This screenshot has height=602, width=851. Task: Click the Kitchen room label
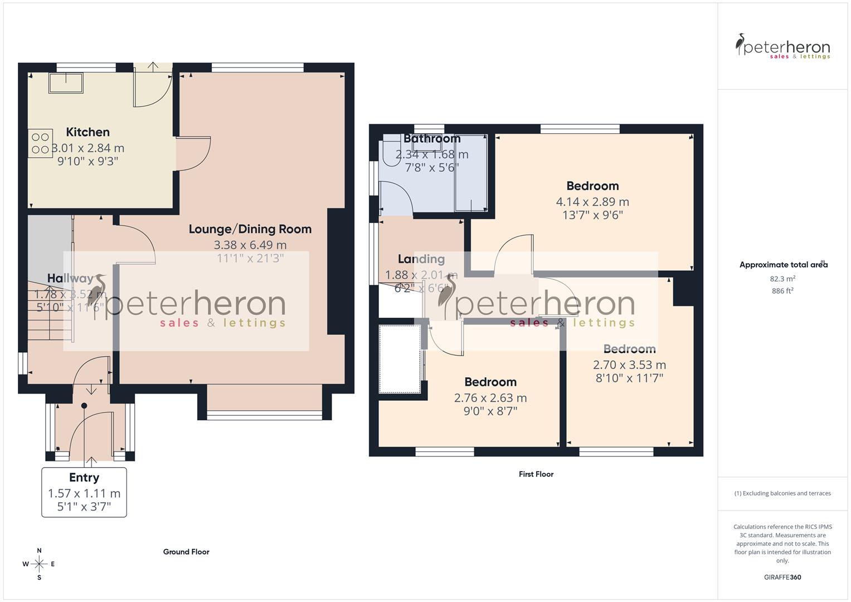(x=87, y=132)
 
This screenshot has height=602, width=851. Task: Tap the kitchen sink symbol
(x=66, y=84)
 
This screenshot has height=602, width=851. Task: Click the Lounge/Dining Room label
(x=250, y=229)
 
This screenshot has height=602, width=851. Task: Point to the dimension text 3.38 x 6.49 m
(x=250, y=245)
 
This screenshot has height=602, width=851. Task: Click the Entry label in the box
(x=84, y=478)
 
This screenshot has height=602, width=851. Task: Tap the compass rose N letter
(x=39, y=551)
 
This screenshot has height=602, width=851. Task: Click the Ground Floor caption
(x=186, y=552)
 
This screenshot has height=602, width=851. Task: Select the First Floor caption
(x=536, y=474)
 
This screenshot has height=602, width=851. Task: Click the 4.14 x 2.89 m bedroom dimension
(x=592, y=202)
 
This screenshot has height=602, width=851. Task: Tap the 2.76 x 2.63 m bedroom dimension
(x=490, y=398)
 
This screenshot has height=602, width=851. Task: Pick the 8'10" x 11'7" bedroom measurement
(x=629, y=378)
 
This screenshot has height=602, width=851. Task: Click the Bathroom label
(x=432, y=139)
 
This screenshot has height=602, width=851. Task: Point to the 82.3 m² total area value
(x=782, y=279)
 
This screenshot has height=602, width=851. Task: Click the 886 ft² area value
(x=782, y=291)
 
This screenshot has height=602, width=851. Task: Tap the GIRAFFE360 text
(x=782, y=577)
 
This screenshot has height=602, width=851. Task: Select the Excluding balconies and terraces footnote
(x=782, y=493)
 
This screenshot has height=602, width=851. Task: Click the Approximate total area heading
(x=782, y=265)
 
